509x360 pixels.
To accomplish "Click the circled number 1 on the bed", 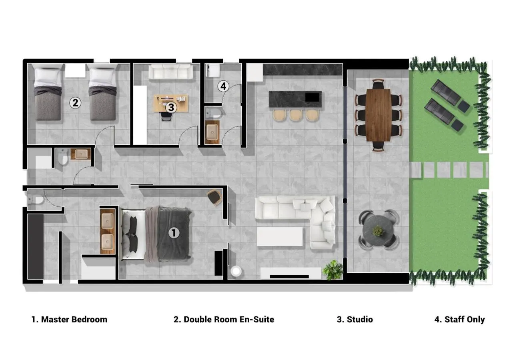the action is coord(174,233).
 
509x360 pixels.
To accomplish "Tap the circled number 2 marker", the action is coord(75,103).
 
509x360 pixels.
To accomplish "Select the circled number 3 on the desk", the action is coord(171,107).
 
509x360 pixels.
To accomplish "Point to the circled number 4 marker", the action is coord(223,86).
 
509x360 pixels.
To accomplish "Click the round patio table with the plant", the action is coord(378,231).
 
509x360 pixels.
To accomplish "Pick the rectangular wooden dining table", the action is coord(378,115).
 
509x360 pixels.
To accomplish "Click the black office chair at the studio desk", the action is coord(166,116).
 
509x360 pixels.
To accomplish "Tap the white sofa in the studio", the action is coord(170,72).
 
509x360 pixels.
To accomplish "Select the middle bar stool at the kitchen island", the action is coord(296,115).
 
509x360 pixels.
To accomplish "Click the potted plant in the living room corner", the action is coord(333,270).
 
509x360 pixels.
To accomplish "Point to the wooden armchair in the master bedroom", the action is coord(214,198).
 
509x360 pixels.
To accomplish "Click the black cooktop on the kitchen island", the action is coord(312,98).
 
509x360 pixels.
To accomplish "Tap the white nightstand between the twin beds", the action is coord(75,70).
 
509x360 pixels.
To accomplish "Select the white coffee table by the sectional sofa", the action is coord(279,236).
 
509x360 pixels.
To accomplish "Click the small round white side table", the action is coord(236,271).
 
